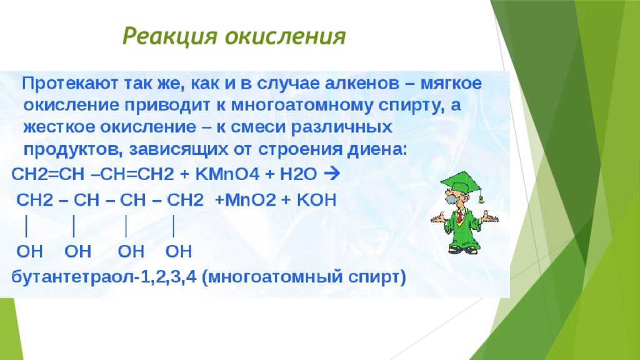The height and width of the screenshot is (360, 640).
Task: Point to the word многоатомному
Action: point(302,105)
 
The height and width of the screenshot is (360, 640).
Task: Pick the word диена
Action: point(377,149)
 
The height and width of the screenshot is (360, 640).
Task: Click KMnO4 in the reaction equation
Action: point(227,175)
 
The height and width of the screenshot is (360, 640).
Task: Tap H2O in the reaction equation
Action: point(298,175)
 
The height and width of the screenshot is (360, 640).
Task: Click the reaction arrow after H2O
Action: point(331,174)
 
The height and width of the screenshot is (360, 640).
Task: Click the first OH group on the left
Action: point(29,251)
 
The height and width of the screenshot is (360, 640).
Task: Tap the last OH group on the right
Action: point(178,251)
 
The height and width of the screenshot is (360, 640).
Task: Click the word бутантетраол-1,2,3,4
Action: point(104,277)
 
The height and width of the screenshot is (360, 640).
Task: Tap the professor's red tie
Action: point(460,216)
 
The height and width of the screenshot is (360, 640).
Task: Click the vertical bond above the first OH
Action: point(26,226)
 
